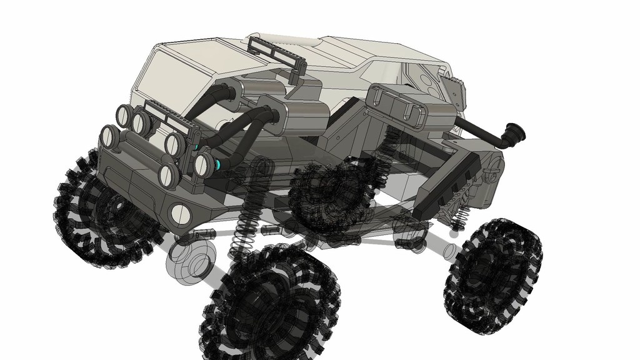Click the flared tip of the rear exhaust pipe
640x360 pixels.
(x=516, y=132)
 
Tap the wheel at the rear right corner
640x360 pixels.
(x=493, y=274)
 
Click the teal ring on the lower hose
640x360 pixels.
(x=219, y=164)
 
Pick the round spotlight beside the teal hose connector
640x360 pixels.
(x=202, y=164)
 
